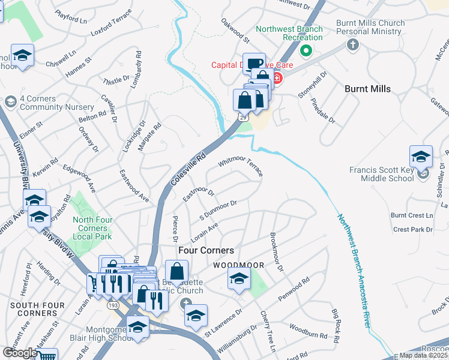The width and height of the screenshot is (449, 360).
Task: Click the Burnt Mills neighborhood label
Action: (x=367, y=89)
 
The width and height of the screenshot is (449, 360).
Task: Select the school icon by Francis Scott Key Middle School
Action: (x=421, y=157)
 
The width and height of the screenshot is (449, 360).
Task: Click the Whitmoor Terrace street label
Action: (x=241, y=167)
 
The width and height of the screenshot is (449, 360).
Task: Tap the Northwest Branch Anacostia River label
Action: (x=351, y=269)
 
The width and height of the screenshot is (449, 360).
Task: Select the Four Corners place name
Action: (x=206, y=250)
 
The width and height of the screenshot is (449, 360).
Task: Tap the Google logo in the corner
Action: (x=19, y=353)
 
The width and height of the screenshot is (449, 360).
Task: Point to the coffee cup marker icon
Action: (x=255, y=63)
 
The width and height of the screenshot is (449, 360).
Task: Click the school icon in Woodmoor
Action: (x=238, y=278)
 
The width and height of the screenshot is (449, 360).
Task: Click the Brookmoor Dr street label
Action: (x=276, y=251)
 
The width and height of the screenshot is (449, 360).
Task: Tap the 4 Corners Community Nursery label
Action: (x=46, y=103)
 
